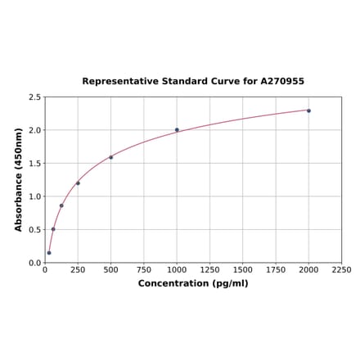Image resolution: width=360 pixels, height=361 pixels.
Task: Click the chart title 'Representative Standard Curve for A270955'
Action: coord(193,82)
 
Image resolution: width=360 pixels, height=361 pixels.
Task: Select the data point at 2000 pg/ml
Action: coord(308,111)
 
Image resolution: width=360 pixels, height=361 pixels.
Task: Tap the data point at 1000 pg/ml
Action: coord(177,129)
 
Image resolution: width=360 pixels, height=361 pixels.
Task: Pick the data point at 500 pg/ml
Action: coord(111,157)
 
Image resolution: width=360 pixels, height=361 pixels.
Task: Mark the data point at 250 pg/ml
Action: coord(78,183)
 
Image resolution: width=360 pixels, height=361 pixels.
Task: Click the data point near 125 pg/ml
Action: coord(61,205)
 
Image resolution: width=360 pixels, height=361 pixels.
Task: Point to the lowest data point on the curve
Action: coord(49,252)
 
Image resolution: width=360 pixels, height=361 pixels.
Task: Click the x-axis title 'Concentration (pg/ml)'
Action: coord(193,283)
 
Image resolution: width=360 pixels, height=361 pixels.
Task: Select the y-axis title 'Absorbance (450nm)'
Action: coord(19,179)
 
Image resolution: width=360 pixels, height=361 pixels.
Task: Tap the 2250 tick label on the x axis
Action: coord(341,269)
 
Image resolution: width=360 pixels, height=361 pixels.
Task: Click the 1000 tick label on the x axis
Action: coord(177,269)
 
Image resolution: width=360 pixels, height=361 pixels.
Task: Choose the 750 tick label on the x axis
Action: coord(144,269)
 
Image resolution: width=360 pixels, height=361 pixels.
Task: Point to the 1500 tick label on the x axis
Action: coord(242,269)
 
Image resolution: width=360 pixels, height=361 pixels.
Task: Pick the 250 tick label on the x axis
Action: coord(78,269)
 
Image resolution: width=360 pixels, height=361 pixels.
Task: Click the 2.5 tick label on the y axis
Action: coord(35,97)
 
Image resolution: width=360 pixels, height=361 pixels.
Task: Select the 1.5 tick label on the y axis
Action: coord(35,164)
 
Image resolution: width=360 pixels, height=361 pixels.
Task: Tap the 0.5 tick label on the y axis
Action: coord(35,230)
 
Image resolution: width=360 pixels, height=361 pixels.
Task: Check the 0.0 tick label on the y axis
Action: coord(35,263)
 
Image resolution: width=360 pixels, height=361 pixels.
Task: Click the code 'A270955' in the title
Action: coord(282,82)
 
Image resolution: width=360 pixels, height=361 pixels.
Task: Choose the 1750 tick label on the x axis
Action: coord(276,269)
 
